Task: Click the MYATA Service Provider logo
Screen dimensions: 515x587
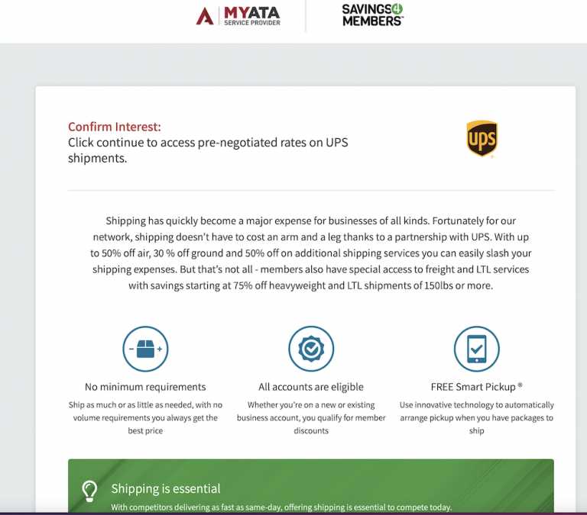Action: (238, 15)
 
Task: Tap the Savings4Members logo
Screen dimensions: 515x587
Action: (372, 15)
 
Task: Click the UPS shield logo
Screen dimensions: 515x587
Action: (482, 139)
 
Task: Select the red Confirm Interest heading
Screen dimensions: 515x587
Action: (115, 127)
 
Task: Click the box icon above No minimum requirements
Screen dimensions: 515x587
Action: (145, 349)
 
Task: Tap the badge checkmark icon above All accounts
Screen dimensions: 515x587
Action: (311, 349)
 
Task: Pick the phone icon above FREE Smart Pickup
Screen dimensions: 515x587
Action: (476, 349)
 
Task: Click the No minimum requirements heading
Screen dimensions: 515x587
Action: (145, 387)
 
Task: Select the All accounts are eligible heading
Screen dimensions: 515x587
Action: (311, 387)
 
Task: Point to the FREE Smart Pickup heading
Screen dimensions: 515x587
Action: (476, 387)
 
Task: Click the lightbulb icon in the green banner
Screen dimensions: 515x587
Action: (90, 490)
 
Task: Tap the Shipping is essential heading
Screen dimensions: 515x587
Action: (166, 488)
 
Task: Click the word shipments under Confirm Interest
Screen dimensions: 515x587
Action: (97, 159)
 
